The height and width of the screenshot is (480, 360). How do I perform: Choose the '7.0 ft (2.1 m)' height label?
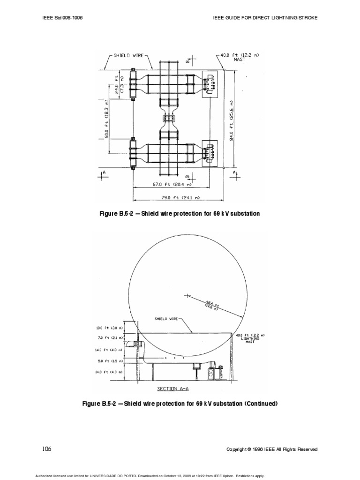108,337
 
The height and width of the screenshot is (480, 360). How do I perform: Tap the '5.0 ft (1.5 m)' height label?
108,361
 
